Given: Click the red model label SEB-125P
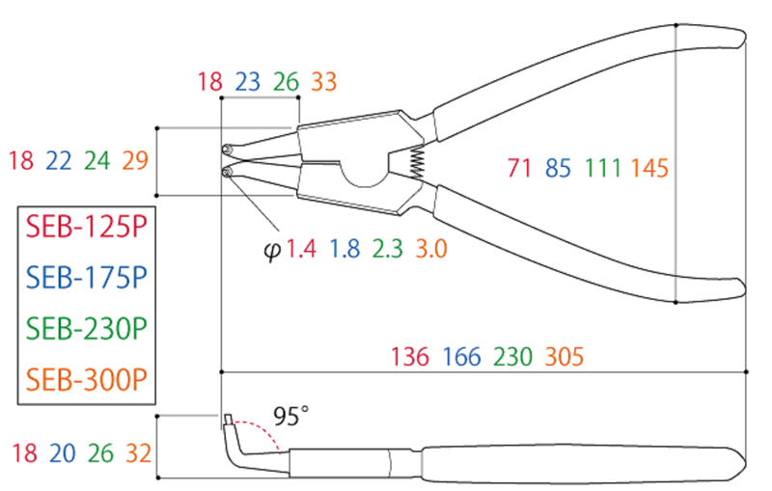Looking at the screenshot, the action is point(86,227).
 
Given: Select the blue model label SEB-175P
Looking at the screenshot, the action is point(86,278).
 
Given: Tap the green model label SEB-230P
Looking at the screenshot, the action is point(86,329).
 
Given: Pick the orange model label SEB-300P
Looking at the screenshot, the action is point(86,379).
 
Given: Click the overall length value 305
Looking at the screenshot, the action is point(565,357).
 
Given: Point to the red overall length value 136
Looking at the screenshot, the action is point(409,357).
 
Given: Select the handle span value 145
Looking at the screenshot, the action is point(649,168).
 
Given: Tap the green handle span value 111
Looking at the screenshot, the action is point(603,168).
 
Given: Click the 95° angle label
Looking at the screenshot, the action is point(291,416).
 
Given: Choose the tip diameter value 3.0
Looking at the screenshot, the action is point(431,249).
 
